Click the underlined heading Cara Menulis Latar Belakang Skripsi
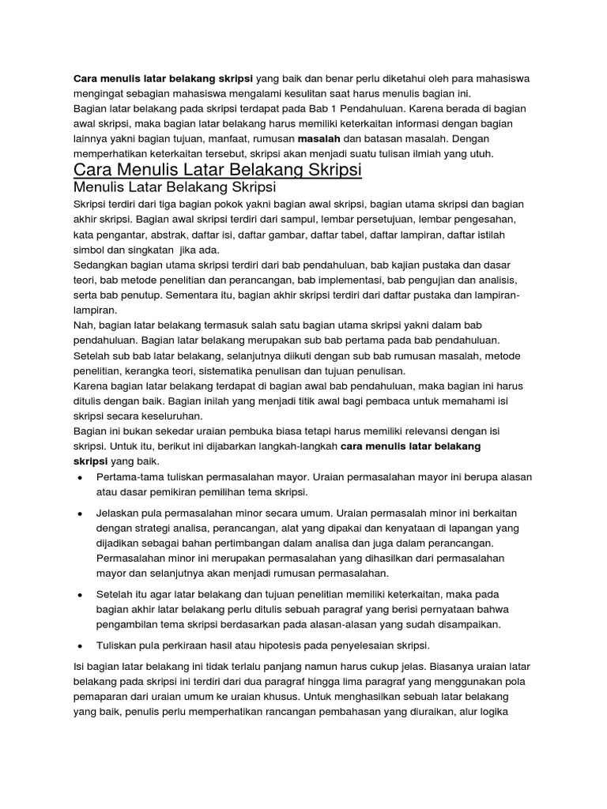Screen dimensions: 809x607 (217, 171)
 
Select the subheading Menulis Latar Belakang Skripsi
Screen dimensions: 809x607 (174, 187)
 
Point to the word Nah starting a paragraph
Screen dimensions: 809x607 (83, 325)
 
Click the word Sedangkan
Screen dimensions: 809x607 (102, 265)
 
